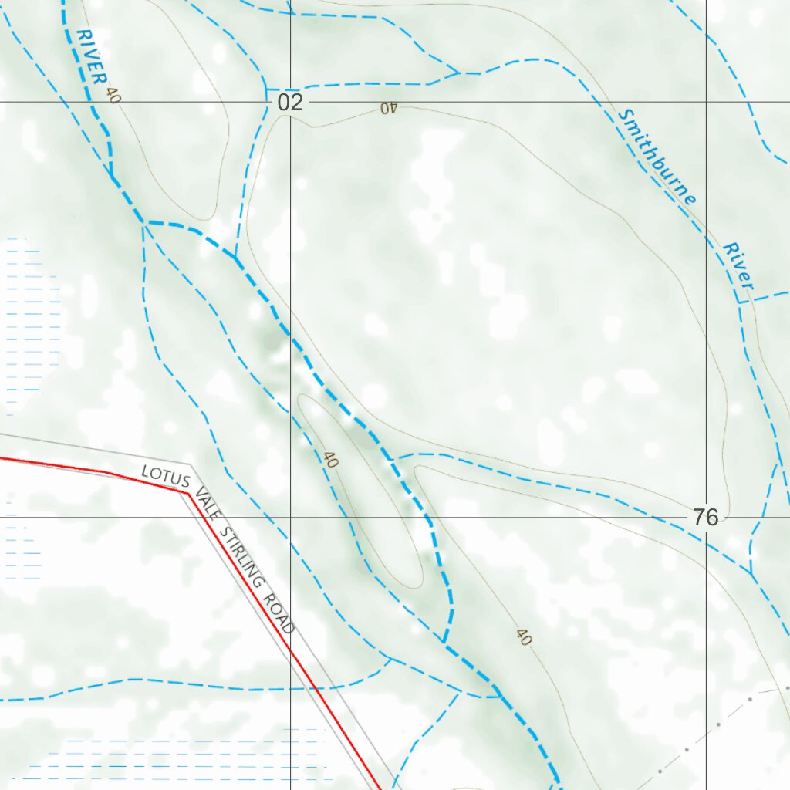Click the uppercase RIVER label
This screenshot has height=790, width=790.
93,57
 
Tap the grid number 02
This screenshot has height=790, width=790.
290,103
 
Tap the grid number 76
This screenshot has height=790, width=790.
705,518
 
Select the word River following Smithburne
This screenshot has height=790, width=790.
738,266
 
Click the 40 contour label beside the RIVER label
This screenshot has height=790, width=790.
113,96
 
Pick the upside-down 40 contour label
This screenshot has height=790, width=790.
387,108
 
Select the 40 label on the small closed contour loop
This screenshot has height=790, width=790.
331,461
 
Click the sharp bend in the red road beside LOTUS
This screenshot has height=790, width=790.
187,491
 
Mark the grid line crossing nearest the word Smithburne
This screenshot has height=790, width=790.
706,102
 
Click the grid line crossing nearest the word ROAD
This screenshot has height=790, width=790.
290,518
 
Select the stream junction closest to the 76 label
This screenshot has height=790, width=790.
751,573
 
